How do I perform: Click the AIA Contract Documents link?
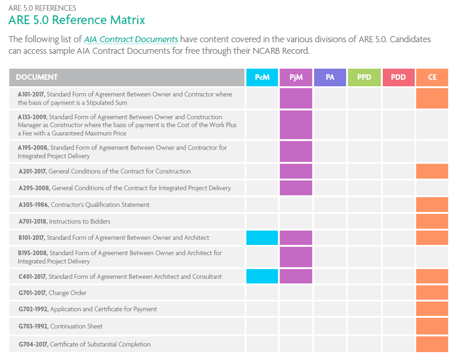pyautogui.click(x=131, y=39)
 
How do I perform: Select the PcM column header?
pyautogui.click(x=262, y=77)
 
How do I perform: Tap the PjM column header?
pyautogui.click(x=296, y=77)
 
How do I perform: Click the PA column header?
pyautogui.click(x=330, y=77)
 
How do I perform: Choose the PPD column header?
pyautogui.click(x=364, y=77)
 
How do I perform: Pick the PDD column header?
pyautogui.click(x=398, y=77)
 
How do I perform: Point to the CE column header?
pyautogui.click(x=432, y=77)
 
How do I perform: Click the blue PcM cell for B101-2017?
pyautogui.click(x=262, y=238)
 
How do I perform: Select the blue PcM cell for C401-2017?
pyautogui.click(x=262, y=276)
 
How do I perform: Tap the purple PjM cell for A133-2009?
pyautogui.click(x=296, y=125)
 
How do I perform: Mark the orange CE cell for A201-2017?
pyautogui.click(x=432, y=171)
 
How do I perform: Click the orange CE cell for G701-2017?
pyautogui.click(x=432, y=293)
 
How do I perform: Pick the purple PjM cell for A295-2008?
pyautogui.click(x=296, y=188)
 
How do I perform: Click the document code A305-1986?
pyautogui.click(x=33, y=205)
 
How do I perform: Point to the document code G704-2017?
pyautogui.click(x=33, y=344)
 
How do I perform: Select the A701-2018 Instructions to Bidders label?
pyautogui.click(x=64, y=221)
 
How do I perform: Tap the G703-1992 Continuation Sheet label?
pyautogui.click(x=61, y=326)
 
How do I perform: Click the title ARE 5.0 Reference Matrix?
pyautogui.click(x=77, y=20)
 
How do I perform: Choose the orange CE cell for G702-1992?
pyautogui.click(x=432, y=309)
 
